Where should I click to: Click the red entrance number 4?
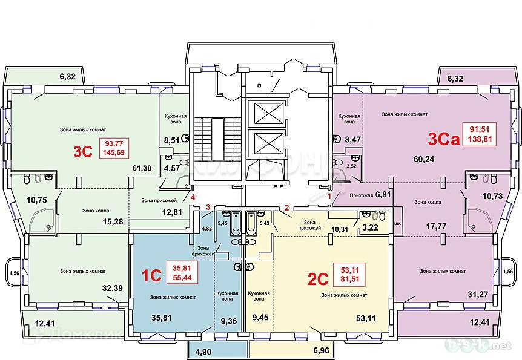coord(193,197)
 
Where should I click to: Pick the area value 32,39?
coord(113,288)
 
